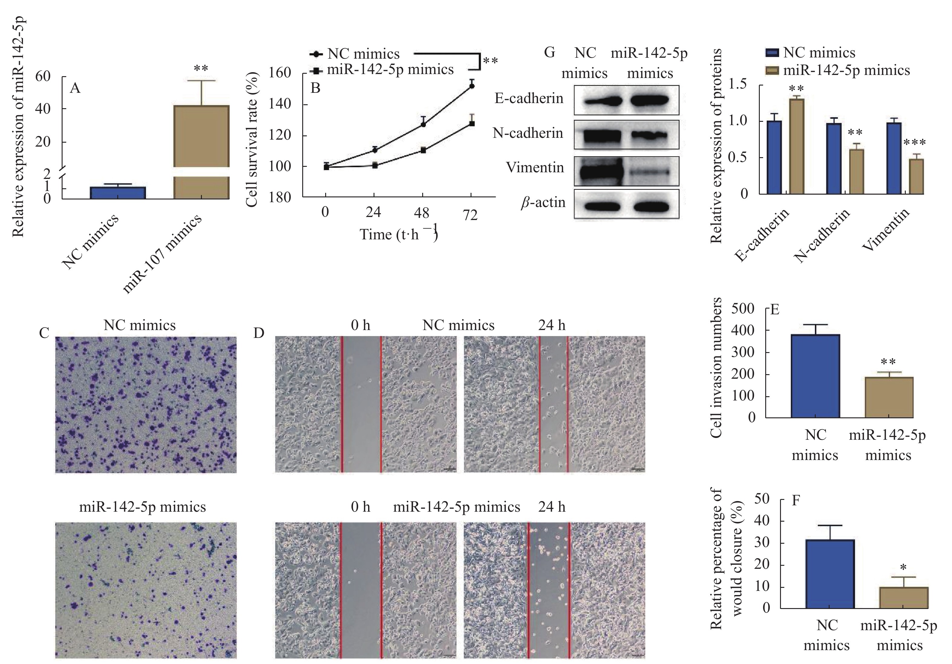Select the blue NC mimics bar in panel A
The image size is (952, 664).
click(x=118, y=193)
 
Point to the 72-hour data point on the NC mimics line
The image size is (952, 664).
click(x=471, y=86)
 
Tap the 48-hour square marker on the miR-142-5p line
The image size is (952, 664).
click(x=423, y=150)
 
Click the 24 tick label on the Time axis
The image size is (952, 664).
click(x=373, y=213)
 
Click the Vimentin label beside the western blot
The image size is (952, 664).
click(x=535, y=167)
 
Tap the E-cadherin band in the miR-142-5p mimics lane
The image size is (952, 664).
click(x=650, y=100)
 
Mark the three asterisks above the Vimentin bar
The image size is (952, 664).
click(x=914, y=143)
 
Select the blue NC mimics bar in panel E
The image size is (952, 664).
click(x=815, y=376)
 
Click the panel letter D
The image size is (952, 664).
click(x=259, y=333)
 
